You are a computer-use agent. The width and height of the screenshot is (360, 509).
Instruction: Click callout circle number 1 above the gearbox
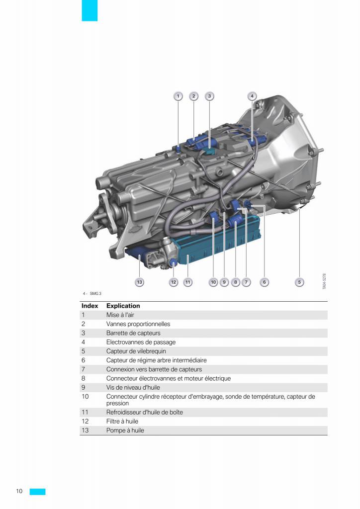coord(178,96)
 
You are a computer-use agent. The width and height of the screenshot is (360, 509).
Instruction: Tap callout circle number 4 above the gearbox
coord(252,96)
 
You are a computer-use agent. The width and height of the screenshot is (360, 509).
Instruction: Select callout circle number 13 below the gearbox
coord(140,282)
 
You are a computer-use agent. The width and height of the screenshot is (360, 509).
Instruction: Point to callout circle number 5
coord(299,282)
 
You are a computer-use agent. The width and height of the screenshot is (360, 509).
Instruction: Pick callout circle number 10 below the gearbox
coord(213,282)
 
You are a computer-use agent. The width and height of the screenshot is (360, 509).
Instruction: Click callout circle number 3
coord(209,96)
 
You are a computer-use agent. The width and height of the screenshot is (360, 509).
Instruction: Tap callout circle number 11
coord(187,282)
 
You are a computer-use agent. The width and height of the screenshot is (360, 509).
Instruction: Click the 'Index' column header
coord(90,306)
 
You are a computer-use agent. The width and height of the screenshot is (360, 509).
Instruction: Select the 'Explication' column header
coord(123,306)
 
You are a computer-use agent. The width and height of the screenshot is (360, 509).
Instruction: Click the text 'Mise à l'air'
coord(120,315)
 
